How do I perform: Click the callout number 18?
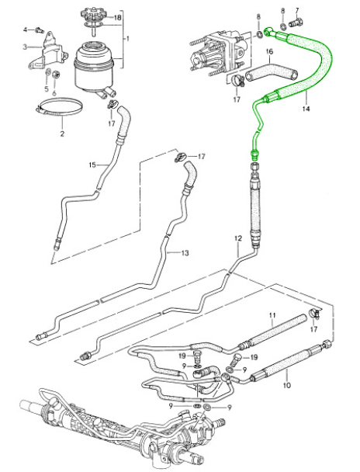[x=117, y=17]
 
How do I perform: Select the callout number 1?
[x=127, y=39]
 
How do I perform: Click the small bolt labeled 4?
[x=39, y=29]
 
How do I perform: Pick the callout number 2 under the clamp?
[x=62, y=133]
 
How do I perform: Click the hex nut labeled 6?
[x=56, y=74]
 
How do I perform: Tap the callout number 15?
[x=92, y=165]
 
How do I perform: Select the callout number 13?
[x=185, y=253]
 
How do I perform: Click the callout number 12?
[x=238, y=238]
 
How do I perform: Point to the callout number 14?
[x=306, y=109]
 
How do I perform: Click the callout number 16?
[x=269, y=51]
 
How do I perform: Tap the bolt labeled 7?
[x=296, y=23]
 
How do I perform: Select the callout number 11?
[x=272, y=315]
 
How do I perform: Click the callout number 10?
[x=287, y=384]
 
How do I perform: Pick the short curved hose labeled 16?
[x=271, y=71]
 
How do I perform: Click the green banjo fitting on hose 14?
[x=269, y=31]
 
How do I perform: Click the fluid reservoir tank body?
[x=94, y=67]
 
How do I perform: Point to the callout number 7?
[x=297, y=11]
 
